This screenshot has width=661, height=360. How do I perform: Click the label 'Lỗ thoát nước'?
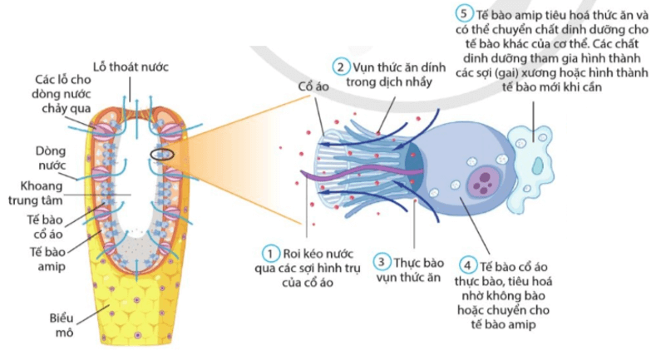click(131, 67)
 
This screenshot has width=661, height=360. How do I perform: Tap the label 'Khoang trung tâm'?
click(36, 193)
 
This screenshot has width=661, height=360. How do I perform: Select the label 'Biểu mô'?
click(62, 325)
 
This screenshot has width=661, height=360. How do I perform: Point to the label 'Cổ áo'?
click(313, 86)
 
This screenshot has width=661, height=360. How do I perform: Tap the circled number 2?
click(341, 67)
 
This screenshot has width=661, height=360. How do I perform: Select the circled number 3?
click(381, 262)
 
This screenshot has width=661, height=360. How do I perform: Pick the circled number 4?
click(467, 266)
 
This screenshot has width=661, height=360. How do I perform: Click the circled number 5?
click(464, 13)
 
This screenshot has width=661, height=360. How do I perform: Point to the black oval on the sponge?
click(162, 155)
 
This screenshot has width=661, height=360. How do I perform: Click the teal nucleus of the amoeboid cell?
click(537, 165)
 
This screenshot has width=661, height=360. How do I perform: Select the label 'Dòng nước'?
click(51, 158)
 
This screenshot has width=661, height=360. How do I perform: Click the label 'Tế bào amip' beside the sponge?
click(47, 259)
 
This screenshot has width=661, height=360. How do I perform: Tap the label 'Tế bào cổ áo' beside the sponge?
click(45, 227)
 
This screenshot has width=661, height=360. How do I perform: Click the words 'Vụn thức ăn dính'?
click(399, 67)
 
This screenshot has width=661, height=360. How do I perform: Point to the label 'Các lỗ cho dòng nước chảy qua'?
click(62, 94)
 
